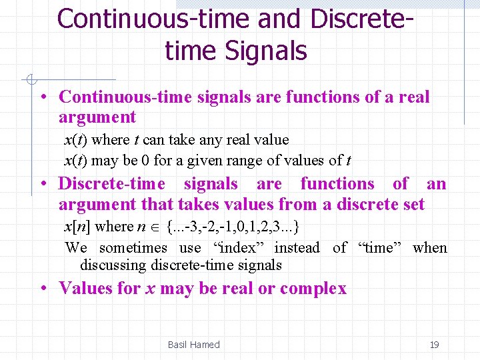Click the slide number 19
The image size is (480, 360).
[x=434, y=345]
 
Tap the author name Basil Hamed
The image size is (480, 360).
[x=193, y=345]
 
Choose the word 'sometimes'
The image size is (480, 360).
[x=133, y=248]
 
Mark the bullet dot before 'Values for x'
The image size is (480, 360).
[x=43, y=288]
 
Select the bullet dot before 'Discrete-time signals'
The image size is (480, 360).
[x=43, y=183]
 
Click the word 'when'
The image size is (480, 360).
[x=430, y=248]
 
